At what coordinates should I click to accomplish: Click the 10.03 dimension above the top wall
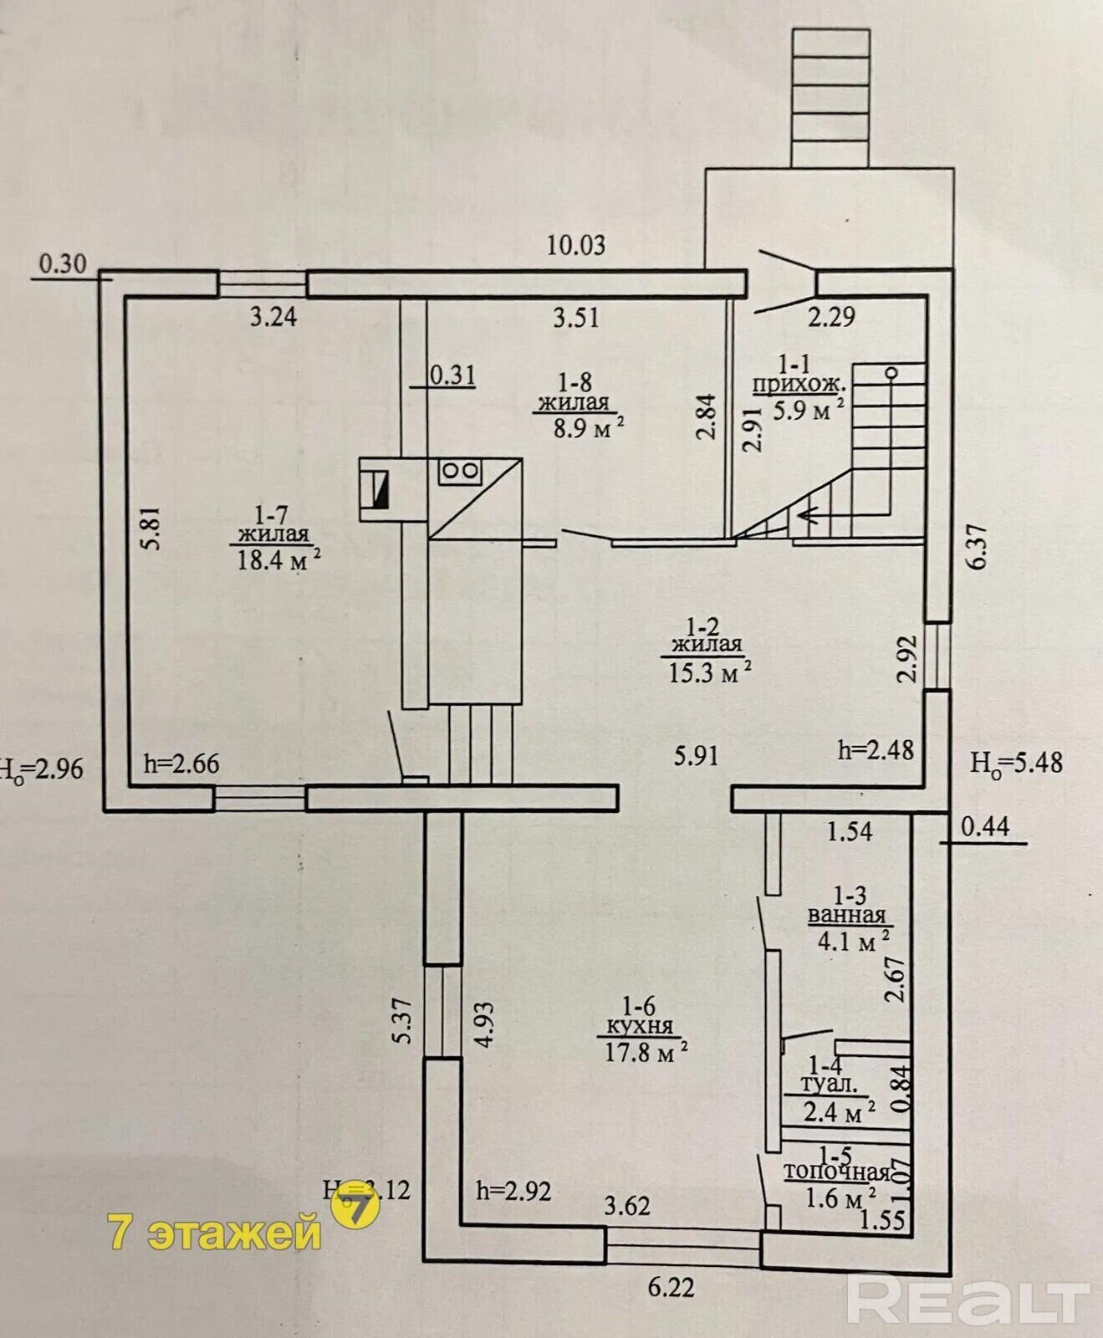pos(575,245)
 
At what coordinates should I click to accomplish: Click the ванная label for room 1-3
pos(846,915)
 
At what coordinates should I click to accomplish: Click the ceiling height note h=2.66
pos(181,763)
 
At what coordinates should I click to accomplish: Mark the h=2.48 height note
pos(876,749)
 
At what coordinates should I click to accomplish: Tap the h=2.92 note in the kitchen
pos(513,1190)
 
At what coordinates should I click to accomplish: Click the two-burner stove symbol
pos(458,472)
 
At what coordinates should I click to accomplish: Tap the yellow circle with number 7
pos(356,1208)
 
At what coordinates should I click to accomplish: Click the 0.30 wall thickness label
pos(63,263)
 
